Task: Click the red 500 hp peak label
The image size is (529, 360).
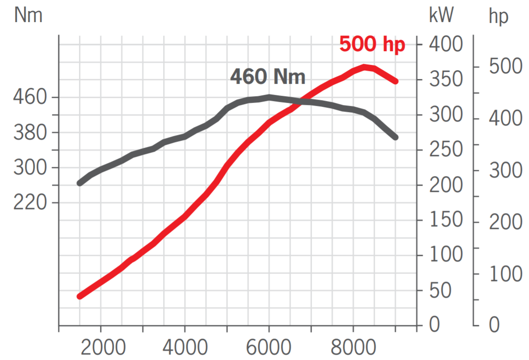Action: click(372, 45)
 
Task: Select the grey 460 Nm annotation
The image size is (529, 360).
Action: click(268, 77)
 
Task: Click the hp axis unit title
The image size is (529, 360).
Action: click(499, 17)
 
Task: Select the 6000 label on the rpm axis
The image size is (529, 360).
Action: click(268, 347)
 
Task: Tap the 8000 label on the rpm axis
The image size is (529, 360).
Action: click(353, 347)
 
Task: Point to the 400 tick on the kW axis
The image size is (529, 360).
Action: click(445, 44)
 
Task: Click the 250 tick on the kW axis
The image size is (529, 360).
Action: click(445, 149)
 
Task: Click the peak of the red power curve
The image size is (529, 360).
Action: click(365, 67)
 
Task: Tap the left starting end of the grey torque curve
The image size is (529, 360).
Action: click(80, 183)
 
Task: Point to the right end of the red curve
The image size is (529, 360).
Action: click(395, 81)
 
